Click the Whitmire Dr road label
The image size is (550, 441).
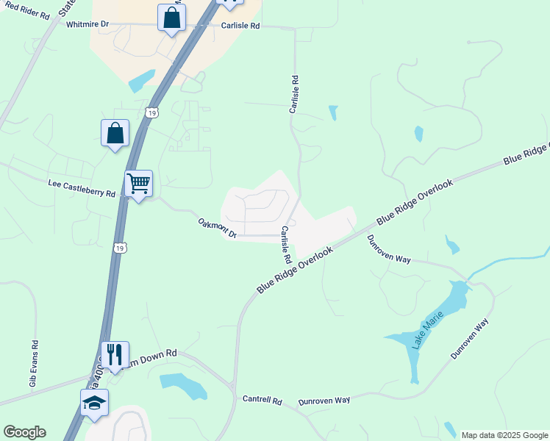click(x=87, y=24)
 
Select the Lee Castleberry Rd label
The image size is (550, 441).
click(x=82, y=188)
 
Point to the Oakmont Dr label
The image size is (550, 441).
click(x=218, y=227)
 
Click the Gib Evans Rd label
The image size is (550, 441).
click(x=33, y=364)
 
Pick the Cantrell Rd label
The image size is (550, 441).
click(x=262, y=401)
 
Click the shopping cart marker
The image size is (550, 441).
click(x=138, y=183)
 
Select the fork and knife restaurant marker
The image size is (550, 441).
click(x=115, y=355)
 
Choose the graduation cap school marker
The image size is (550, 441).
click(x=94, y=403)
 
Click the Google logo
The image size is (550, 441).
click(x=24, y=432)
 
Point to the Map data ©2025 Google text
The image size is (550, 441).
click(x=504, y=435)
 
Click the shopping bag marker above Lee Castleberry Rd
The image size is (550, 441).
click(x=115, y=133)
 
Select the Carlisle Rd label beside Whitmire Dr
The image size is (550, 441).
click(x=240, y=25)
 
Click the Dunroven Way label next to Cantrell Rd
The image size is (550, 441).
click(x=324, y=401)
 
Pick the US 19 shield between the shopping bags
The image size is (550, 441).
click(x=151, y=112)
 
